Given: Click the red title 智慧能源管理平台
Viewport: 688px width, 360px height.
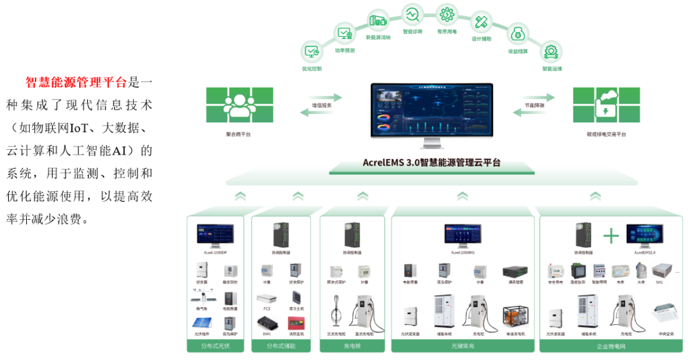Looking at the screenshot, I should [76, 82].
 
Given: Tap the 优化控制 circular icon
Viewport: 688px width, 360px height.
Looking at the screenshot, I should [312, 51].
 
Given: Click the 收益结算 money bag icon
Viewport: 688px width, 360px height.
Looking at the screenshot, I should [518, 33].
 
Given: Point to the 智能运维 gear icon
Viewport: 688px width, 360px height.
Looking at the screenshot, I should [552, 51].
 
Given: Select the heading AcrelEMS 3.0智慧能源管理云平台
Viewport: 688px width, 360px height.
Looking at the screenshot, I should [432, 162].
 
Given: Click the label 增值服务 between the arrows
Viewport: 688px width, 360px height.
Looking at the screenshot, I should [321, 105].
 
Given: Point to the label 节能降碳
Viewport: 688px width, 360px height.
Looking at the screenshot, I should [534, 105].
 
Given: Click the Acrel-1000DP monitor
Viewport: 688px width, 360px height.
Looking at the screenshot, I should [215, 234].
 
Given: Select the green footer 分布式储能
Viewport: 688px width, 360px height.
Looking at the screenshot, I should [281, 346].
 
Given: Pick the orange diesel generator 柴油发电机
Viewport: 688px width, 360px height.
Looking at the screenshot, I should [513, 319].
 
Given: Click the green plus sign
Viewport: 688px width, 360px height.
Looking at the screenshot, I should [611, 236].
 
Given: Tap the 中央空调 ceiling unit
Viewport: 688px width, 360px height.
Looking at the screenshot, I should [665, 312].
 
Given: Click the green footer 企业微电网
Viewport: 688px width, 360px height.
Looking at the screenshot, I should [610, 346].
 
